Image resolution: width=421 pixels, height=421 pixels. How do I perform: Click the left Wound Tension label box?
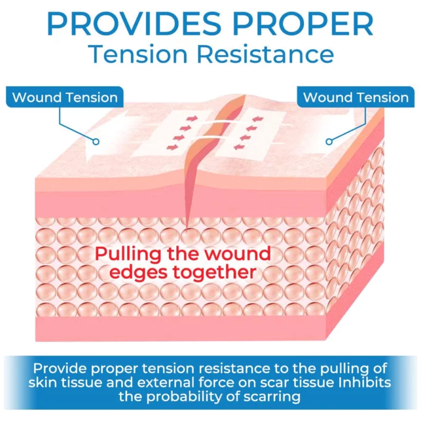(x=65, y=98)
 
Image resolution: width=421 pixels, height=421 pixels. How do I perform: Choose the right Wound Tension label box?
(x=356, y=98)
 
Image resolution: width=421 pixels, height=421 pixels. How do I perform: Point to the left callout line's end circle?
(x=96, y=141)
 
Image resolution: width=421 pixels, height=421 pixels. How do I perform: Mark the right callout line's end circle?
(x=329, y=141)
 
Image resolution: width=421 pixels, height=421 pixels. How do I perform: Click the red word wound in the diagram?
(x=239, y=254)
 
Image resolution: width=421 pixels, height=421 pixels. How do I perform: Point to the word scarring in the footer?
(x=270, y=396)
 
